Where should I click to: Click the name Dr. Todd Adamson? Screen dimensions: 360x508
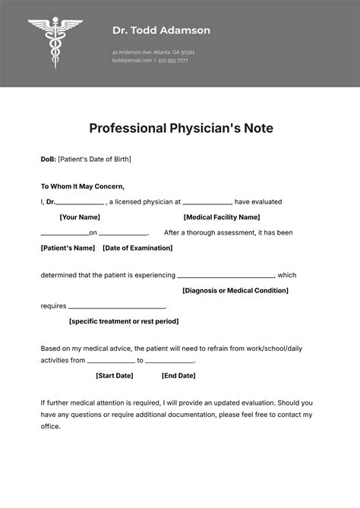pyautogui.click(x=161, y=30)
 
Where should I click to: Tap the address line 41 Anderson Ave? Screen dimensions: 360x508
pyautogui.click(x=153, y=52)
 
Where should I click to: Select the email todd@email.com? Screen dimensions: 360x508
pyautogui.click(x=131, y=60)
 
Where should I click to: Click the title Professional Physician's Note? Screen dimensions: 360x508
pyautogui.click(x=181, y=128)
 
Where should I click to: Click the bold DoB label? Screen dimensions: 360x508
pyautogui.click(x=48, y=159)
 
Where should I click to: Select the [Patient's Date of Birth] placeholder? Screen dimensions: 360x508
pyautogui.click(x=95, y=159)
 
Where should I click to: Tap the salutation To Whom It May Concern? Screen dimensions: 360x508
pyautogui.click(x=82, y=186)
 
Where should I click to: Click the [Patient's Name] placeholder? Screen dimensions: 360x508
pyautogui.click(x=68, y=248)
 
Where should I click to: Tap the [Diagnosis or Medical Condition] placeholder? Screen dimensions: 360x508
pyautogui.click(x=235, y=290)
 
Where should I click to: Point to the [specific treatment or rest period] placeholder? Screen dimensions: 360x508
pyautogui.click(x=124, y=321)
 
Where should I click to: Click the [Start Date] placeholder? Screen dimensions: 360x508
pyautogui.click(x=115, y=375)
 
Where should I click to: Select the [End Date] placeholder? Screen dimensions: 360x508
pyautogui.click(x=178, y=375)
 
